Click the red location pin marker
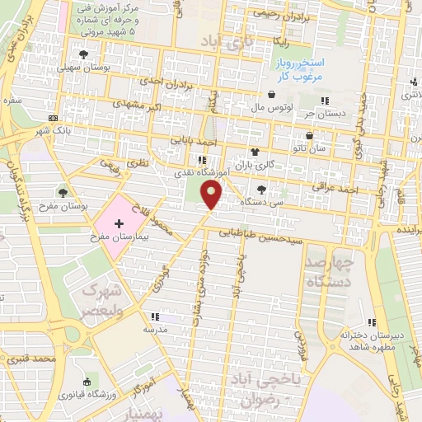[x=213, y=195]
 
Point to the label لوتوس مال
[x=267, y=106]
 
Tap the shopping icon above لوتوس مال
[x=272, y=94]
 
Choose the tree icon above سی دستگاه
[x=262, y=190]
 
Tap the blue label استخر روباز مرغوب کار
[x=300, y=69]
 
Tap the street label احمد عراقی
[x=338, y=188]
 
